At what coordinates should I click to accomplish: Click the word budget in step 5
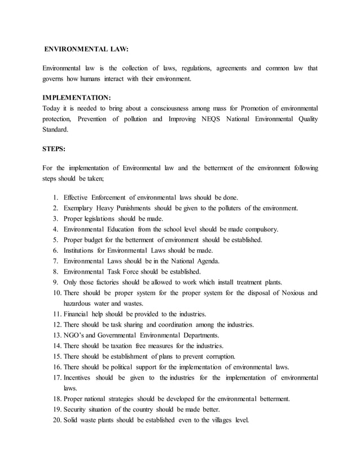93,240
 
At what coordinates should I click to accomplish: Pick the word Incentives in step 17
80,377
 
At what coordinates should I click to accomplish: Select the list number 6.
56,250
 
